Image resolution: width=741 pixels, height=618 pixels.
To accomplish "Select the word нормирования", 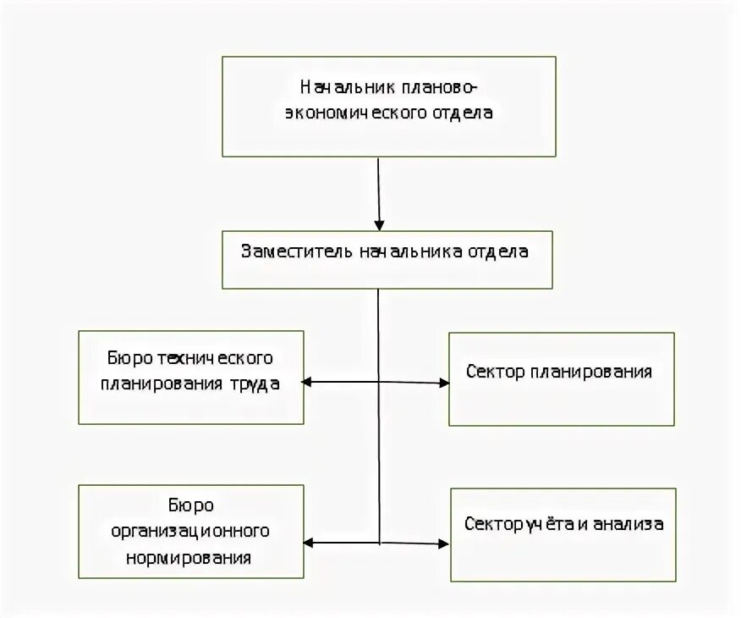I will pos(189,558).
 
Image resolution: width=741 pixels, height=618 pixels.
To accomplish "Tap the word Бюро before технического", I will pos(129,358).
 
